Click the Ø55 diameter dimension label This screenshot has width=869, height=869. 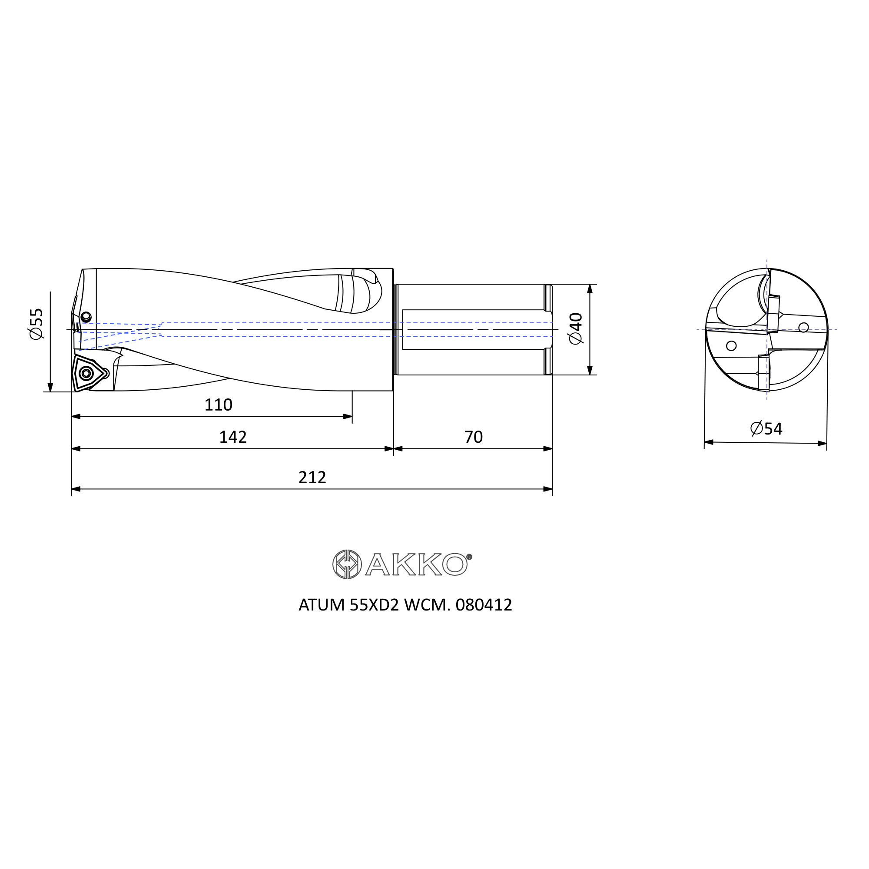coord(36,324)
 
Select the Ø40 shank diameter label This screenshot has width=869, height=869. coord(576,329)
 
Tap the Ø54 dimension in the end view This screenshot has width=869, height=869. coord(766,428)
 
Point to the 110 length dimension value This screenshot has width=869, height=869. coord(218,405)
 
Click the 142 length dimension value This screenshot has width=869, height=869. coord(232,437)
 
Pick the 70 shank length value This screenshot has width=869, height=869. coord(473,437)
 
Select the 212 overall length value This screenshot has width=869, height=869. coord(312,477)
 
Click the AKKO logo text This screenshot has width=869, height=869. coord(416,564)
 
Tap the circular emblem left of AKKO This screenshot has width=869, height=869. coord(347,564)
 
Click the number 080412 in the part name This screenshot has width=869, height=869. coord(484,605)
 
